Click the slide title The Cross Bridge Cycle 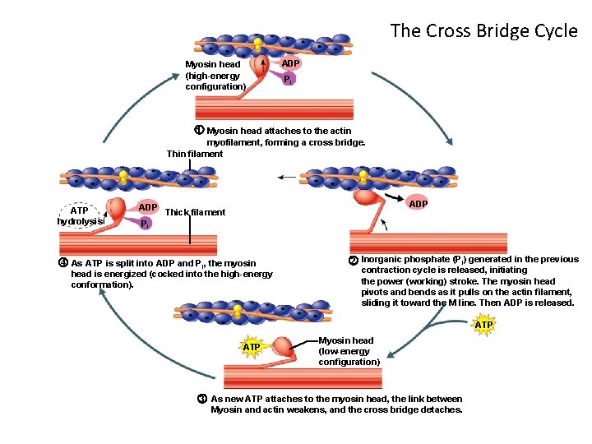click(483, 30)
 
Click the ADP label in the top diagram click(291, 63)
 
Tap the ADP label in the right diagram click(418, 203)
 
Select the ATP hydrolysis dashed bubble click(80, 215)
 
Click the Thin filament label click(195, 154)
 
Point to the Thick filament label click(195, 212)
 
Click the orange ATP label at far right click(484, 325)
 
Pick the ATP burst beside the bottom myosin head click(252, 347)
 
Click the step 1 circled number click(198, 131)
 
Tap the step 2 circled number click(353, 261)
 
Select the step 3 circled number click(201, 399)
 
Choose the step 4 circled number click(62, 263)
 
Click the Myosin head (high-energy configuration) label click(215, 75)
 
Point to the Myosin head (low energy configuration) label click(349, 351)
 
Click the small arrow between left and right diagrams click(286, 177)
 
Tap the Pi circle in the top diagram click(286, 80)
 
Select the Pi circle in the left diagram click(144, 223)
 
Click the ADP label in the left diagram click(148, 206)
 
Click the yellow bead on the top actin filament click(258, 43)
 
